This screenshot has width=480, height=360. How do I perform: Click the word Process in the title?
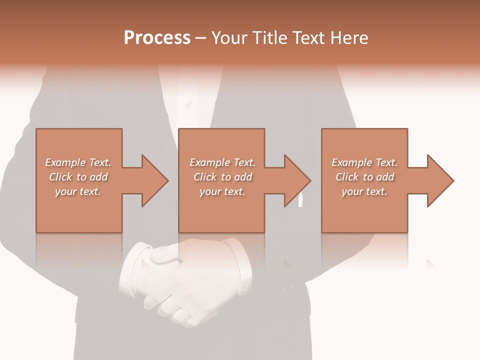click(x=157, y=38)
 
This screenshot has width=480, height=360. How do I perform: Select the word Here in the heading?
click(x=350, y=38)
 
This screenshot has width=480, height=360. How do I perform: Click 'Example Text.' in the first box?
click(x=78, y=162)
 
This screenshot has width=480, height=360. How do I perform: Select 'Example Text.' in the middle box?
click(x=222, y=162)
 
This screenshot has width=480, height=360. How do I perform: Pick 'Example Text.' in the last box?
click(x=364, y=162)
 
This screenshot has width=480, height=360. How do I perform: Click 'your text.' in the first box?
click(x=78, y=191)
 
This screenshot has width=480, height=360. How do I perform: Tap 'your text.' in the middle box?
click(x=222, y=191)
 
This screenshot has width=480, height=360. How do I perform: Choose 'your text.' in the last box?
click(x=364, y=191)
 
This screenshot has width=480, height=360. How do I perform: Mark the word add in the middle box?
click(x=242, y=177)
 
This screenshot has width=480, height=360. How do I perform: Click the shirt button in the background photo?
click(x=188, y=104)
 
